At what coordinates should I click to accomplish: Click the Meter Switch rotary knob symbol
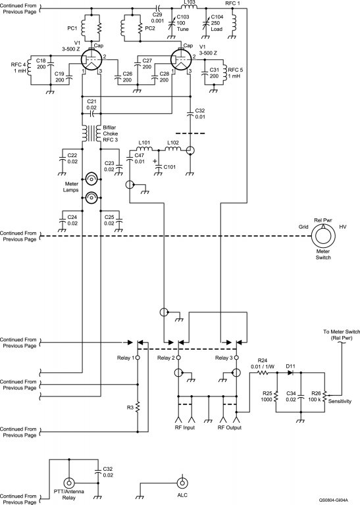click(323, 237)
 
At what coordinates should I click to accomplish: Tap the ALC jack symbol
click(182, 483)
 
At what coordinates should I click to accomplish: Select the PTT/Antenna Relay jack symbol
click(68, 483)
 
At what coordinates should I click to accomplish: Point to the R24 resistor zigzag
click(263, 373)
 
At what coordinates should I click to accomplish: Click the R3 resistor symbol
click(138, 407)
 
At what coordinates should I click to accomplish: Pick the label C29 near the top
click(157, 15)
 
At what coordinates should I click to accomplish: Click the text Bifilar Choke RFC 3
click(111, 133)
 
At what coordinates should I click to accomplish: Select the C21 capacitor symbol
click(91, 113)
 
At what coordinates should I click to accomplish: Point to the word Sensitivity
click(340, 401)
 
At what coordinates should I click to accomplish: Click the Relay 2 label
click(166, 358)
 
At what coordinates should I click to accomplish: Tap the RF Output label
click(230, 427)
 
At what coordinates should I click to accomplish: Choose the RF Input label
click(185, 427)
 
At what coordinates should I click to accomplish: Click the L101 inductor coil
click(144, 149)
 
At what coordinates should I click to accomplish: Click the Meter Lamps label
click(71, 187)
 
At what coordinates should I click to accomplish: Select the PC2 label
click(150, 28)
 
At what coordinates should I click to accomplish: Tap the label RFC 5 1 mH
click(236, 73)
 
